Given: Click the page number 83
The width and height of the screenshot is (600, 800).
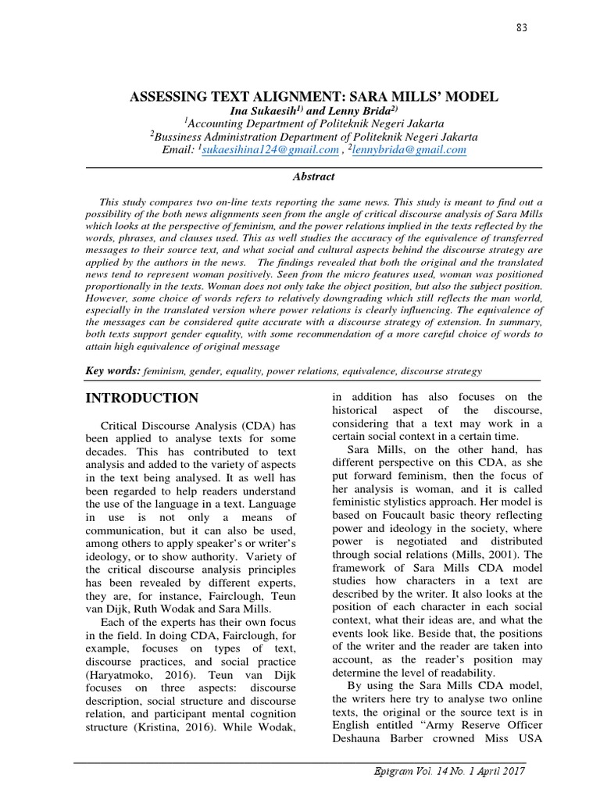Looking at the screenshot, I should tap(522, 29).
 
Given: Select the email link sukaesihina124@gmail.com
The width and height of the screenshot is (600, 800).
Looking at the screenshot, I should tap(270, 149).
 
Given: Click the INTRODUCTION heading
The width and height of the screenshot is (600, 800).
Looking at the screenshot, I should tap(141, 398).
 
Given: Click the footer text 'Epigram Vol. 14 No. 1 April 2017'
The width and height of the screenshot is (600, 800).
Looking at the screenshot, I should tap(449, 771).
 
